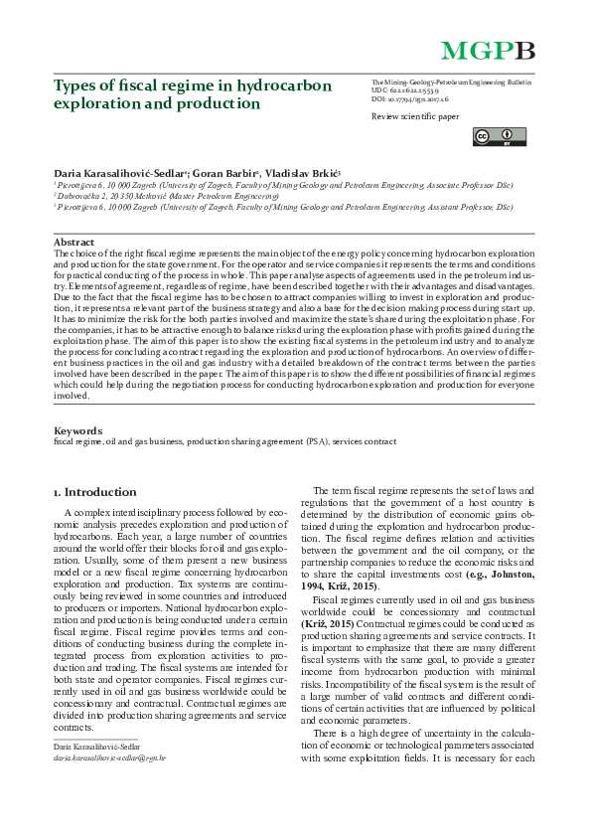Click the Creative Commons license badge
tap(492, 136)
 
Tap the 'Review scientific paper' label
tap(415, 116)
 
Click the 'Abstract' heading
tap(74, 242)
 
